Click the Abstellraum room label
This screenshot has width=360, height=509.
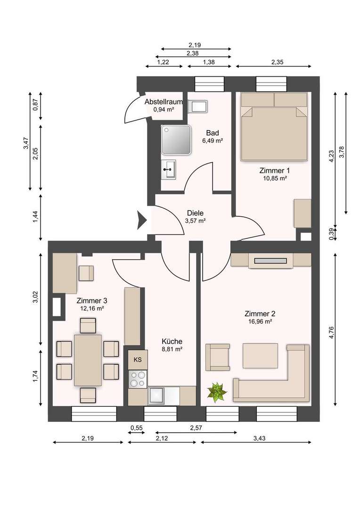click(x=164, y=102)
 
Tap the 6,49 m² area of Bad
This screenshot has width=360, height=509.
click(x=213, y=141)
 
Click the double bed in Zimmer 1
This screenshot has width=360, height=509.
click(x=274, y=127)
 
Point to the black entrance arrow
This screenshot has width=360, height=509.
click(x=142, y=220)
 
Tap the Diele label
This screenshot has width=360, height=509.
click(x=196, y=213)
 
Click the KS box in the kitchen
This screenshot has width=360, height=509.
click(x=138, y=360)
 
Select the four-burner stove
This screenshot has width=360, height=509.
click(x=138, y=379)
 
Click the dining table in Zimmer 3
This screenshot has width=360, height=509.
click(x=88, y=361)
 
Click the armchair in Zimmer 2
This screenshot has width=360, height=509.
click(x=218, y=357)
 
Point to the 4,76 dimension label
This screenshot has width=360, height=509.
click(x=331, y=333)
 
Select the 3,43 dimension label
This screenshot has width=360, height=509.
click(x=259, y=438)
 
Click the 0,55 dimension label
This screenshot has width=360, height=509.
click(x=137, y=428)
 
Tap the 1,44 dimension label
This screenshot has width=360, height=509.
click(x=36, y=217)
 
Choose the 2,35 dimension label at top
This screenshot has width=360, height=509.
click(x=277, y=62)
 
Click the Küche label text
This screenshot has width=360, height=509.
click(x=172, y=341)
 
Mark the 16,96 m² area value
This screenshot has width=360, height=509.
click(x=258, y=321)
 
